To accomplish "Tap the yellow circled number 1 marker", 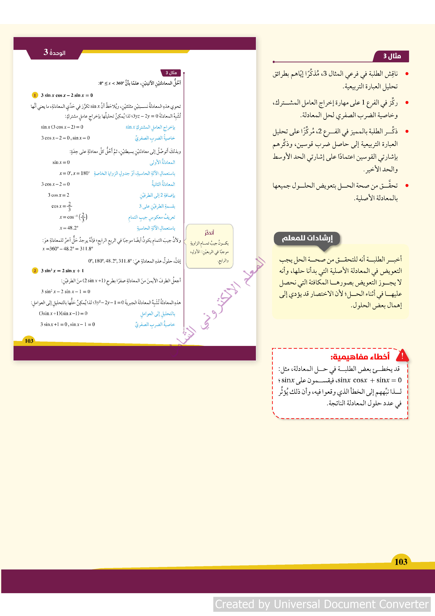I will coord(35,95).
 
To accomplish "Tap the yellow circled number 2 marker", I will coord(35,271).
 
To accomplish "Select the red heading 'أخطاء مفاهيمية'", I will coord(360,357).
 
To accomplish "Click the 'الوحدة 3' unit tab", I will coord(54,53).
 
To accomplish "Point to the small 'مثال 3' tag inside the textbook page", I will coord(171,73).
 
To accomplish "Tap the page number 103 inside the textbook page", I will coord(29,341).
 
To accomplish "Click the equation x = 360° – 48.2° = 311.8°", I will coord(68,249).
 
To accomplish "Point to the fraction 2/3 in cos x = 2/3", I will coord(69,206).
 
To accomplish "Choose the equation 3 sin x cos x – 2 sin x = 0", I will coord(67,95).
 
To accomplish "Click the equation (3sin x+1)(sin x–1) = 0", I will coord(63,313).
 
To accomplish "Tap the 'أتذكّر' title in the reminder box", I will coord(209,233).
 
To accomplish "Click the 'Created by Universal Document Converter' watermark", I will coord(322,604).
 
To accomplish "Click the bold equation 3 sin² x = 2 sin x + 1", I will coord(62,271).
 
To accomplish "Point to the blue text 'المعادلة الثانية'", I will coord(163,184).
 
